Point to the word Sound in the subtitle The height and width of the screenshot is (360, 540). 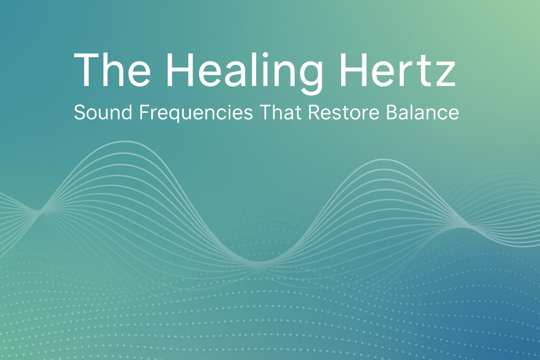tap(97, 112)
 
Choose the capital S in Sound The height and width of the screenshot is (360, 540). tap(80, 112)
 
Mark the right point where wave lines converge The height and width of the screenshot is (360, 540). tap(464, 226)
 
